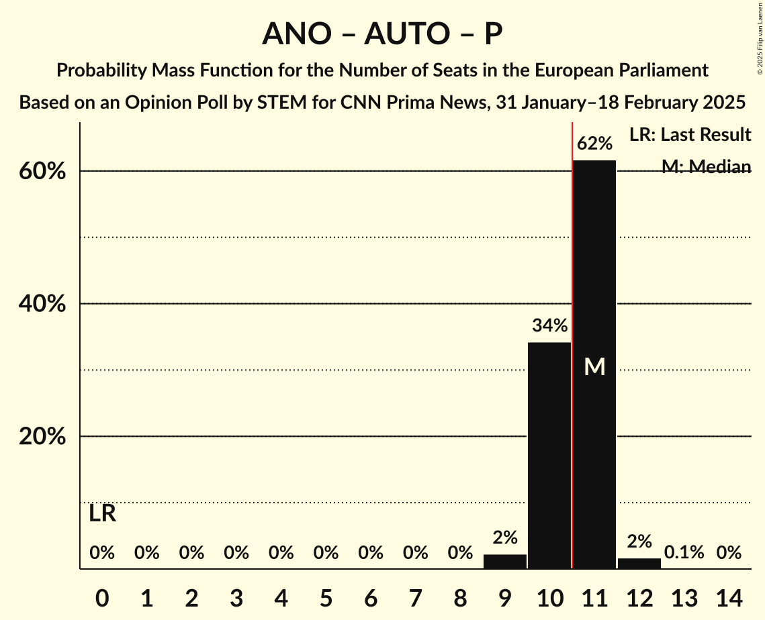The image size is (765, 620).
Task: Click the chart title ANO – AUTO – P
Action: [382, 34]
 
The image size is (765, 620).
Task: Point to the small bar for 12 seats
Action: [639, 564]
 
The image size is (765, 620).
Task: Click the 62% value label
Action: [594, 144]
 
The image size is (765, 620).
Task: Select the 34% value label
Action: [549, 326]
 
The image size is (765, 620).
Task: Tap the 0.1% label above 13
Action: [684, 552]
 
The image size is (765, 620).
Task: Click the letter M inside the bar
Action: [594, 366]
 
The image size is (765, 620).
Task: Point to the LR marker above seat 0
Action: [102, 514]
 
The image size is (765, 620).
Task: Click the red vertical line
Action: [572, 335]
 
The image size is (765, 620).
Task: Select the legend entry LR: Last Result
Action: [690, 135]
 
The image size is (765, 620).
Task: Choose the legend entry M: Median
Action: [706, 166]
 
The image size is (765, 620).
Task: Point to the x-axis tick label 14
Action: [729, 596]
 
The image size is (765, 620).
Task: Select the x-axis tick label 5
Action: [326, 596]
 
